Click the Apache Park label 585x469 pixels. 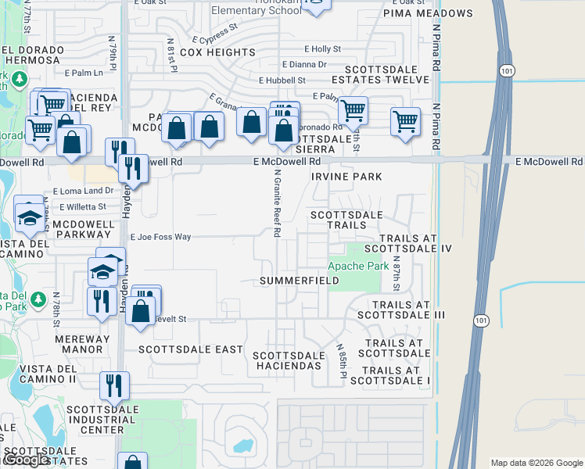click(x=358, y=266)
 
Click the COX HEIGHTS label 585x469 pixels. click(x=217, y=52)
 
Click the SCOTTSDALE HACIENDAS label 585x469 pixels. click(x=288, y=360)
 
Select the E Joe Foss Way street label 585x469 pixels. click(x=160, y=236)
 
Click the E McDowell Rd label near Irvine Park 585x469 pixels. click(x=287, y=160)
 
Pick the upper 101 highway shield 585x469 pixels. click(x=505, y=70)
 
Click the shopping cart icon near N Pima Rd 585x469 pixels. click(x=405, y=121)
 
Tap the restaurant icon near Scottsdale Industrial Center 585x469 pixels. click(x=114, y=385)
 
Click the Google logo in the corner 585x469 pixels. click(x=26, y=460)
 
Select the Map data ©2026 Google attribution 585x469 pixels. click(x=537, y=463)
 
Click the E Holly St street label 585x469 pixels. click(x=323, y=48)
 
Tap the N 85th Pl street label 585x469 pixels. click(x=342, y=361)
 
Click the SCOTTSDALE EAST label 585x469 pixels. click(x=191, y=349)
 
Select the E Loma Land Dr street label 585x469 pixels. click(x=83, y=191)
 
